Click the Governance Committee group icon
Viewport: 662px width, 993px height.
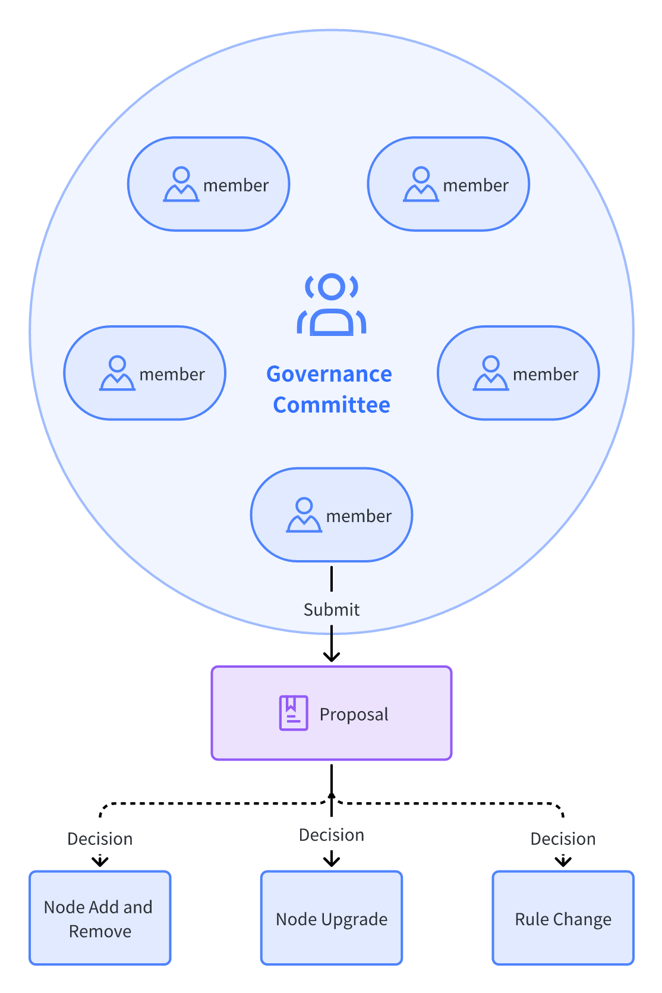pos(332,304)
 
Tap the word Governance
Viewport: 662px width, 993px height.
pos(329,374)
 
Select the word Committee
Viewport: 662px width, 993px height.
pos(332,405)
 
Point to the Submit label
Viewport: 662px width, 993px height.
pos(332,609)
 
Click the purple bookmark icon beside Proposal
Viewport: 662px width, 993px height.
pos(294,713)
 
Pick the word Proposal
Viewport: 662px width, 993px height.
pos(354,714)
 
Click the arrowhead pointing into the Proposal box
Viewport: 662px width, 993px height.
pos(332,656)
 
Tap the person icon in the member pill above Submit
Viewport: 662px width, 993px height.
pos(304,515)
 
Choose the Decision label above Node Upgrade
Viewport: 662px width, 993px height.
pos(332,835)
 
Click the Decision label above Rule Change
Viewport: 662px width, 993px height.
pos(563,838)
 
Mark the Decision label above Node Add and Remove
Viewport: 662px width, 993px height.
pos(100,838)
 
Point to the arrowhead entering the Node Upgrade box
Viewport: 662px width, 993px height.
pos(332,861)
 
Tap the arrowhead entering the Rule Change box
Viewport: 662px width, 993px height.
pos(563,862)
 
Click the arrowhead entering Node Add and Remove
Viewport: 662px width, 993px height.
pos(100,862)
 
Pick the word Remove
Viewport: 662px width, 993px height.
pos(100,931)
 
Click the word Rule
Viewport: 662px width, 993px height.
pos(531,919)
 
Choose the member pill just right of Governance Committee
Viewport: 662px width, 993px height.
pos(518,373)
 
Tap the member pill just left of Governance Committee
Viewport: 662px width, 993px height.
pos(145,373)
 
